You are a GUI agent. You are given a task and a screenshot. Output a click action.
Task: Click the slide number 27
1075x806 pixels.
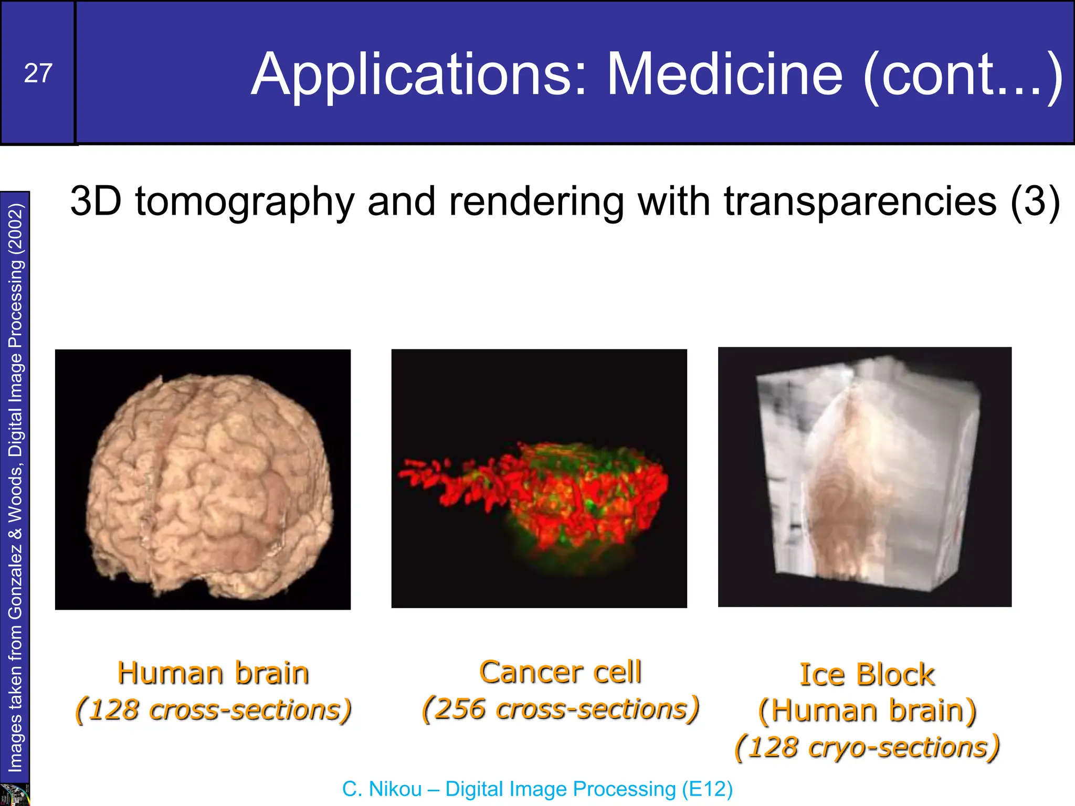click(x=38, y=73)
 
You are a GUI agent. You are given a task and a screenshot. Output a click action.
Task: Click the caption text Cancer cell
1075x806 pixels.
click(x=560, y=672)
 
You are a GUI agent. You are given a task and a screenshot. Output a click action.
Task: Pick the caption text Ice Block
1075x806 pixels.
click(x=867, y=675)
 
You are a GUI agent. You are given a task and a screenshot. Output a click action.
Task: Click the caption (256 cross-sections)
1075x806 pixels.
click(x=560, y=709)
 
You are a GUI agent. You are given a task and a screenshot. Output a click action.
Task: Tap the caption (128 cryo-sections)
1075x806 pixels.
click(x=867, y=747)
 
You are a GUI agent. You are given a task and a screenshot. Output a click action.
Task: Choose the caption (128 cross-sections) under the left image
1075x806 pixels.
click(x=213, y=710)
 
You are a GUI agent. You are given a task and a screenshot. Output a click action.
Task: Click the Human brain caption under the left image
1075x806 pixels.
click(x=213, y=673)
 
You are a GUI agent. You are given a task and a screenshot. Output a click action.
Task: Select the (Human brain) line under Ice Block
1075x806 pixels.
click(x=867, y=711)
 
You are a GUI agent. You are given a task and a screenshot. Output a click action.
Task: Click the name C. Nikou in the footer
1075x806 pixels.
click(x=382, y=789)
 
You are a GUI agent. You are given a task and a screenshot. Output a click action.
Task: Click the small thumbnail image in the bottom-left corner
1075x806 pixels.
click(x=15, y=794)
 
